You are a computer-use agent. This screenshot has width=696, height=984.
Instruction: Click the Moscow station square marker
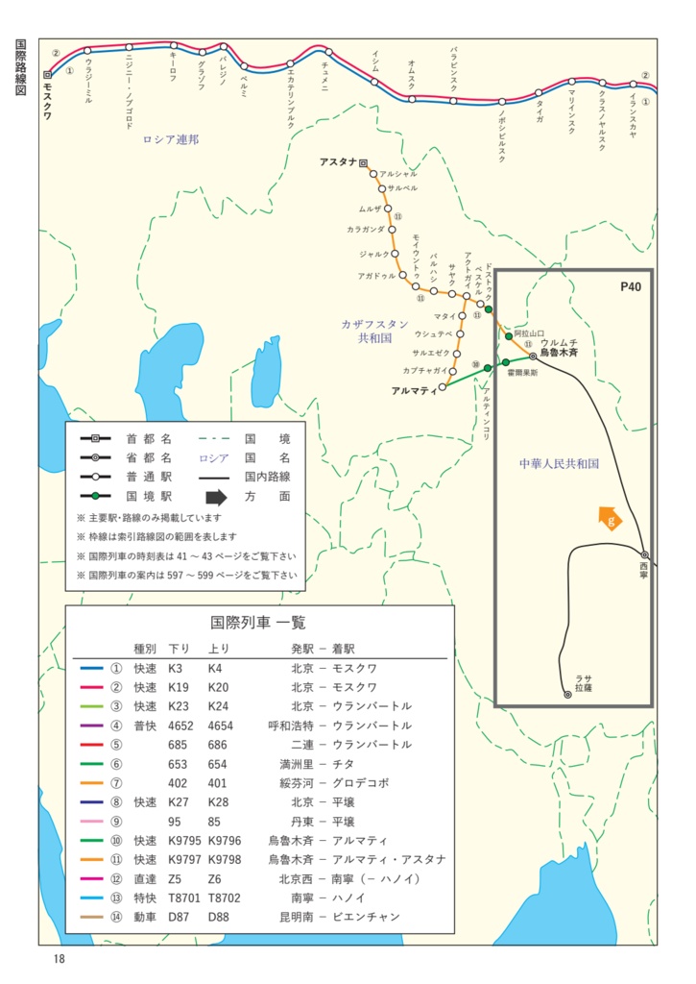pos(47,74)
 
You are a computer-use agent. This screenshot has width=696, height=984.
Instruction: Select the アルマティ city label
pos(415,390)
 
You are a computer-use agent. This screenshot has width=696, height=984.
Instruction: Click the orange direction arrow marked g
pos(609,519)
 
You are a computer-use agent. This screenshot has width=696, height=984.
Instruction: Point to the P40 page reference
pos(630,286)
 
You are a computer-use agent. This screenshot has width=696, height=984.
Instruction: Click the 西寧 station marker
pos(645,554)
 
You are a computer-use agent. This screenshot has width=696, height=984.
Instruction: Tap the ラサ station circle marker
pos(567,694)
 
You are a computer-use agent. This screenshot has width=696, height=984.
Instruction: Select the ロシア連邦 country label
pos(171,139)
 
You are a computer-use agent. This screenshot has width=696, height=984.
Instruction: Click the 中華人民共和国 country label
pos(559,463)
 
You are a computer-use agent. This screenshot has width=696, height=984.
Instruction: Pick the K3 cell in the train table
pos(175,668)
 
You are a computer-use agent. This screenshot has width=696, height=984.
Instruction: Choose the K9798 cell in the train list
pos(226,859)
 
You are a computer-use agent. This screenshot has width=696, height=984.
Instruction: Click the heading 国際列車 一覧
pos(258,623)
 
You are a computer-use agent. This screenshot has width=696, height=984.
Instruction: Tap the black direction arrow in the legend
pos(216,497)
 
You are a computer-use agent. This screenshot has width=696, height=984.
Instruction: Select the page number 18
pos(59,959)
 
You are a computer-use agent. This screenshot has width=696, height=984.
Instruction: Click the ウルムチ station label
pos(558,343)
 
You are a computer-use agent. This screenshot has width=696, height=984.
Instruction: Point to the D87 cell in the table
pos(179,917)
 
